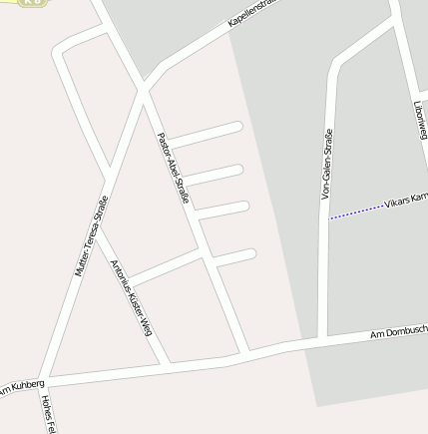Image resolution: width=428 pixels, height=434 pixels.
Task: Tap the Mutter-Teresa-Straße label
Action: [x=90, y=235]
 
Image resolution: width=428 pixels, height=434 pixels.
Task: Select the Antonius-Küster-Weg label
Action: [x=132, y=296]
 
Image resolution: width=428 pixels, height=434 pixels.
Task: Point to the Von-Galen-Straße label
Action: [x=326, y=165]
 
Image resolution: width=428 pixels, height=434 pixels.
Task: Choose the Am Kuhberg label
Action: [x=22, y=385]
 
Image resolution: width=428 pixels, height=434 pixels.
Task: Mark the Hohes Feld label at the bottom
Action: [x=46, y=415]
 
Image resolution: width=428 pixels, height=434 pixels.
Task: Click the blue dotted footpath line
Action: [x=356, y=212]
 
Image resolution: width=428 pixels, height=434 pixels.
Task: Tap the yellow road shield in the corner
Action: [x=32, y=3]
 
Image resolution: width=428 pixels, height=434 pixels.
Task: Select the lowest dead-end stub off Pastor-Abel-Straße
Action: [x=234, y=257]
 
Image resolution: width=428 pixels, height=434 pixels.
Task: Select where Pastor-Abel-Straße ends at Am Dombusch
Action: [x=243, y=354]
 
